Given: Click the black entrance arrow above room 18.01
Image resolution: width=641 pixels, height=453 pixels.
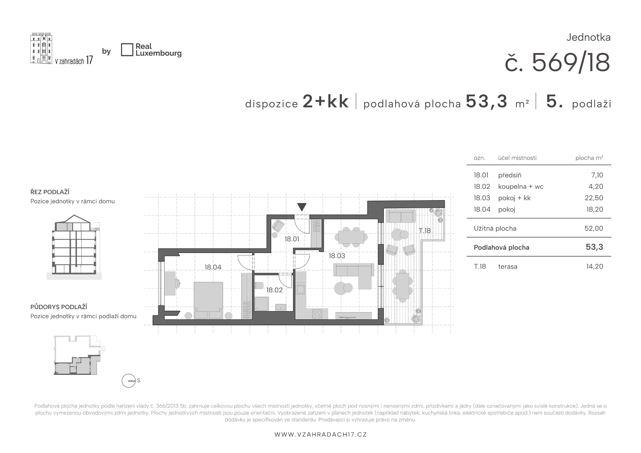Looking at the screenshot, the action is [302, 207].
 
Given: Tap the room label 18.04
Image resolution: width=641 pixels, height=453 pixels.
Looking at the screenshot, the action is [213, 267].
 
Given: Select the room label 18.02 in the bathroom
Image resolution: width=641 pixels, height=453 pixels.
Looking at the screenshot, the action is [274, 290].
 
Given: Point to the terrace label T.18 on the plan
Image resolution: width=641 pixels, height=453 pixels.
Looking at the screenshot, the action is [425, 230].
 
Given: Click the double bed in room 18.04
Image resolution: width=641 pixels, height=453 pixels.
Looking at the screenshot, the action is [208, 300].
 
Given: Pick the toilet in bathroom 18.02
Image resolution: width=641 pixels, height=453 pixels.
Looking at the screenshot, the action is [259, 285].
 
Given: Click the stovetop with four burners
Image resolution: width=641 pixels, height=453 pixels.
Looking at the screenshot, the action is [317, 314].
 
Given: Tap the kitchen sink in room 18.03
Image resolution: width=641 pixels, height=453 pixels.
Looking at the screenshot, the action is [301, 289].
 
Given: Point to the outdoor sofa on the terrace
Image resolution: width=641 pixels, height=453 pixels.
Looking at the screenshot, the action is [400, 216].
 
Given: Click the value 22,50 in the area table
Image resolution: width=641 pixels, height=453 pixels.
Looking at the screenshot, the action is [594, 198].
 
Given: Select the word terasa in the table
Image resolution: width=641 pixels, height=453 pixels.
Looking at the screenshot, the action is [508, 267].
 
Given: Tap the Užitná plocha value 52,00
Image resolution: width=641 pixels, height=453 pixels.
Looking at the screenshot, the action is [594, 228].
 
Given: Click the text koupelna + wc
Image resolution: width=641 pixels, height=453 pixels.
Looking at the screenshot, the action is [521, 186].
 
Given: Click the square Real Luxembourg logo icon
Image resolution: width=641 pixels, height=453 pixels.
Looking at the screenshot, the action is [127, 50].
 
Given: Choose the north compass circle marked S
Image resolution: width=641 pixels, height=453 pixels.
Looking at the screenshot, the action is [129, 380].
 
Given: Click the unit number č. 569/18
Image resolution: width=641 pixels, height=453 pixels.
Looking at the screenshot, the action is [557, 63].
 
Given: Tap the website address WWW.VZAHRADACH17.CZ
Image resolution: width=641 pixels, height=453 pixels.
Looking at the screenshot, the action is [320, 435].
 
